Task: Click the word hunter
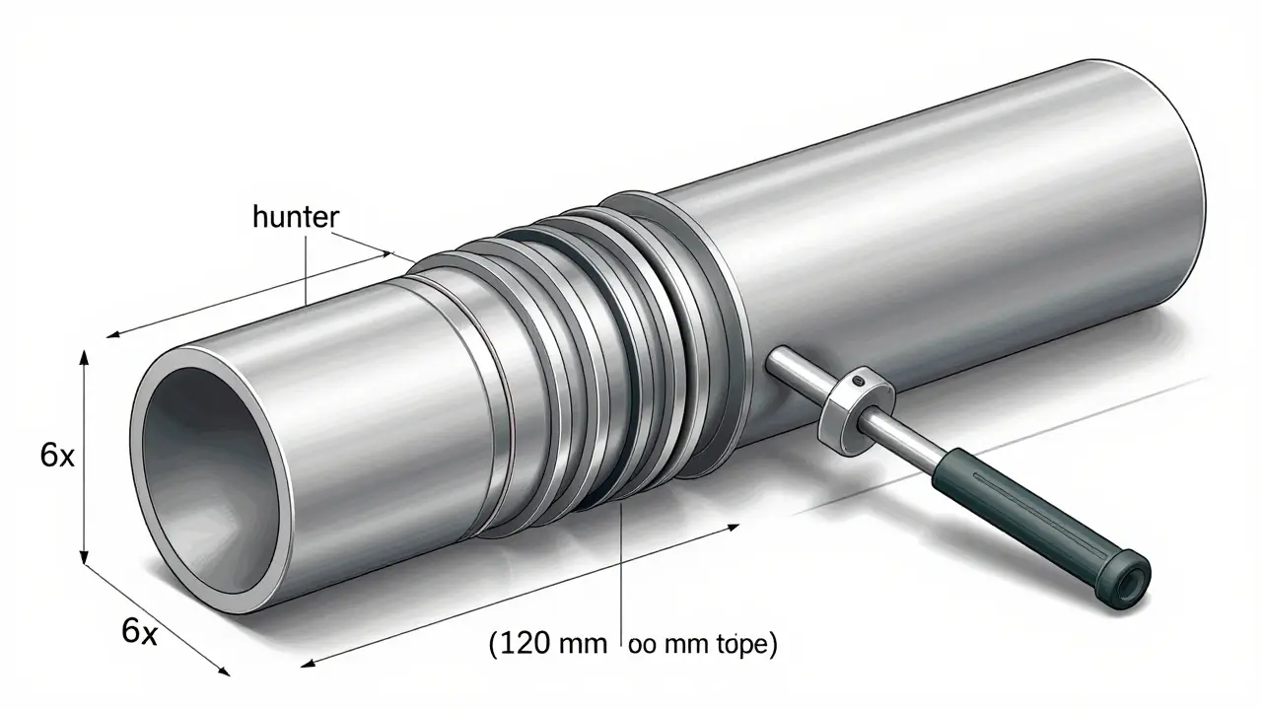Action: click(295, 218)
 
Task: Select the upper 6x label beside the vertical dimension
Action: click(57, 456)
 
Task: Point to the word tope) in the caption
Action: click(743, 646)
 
